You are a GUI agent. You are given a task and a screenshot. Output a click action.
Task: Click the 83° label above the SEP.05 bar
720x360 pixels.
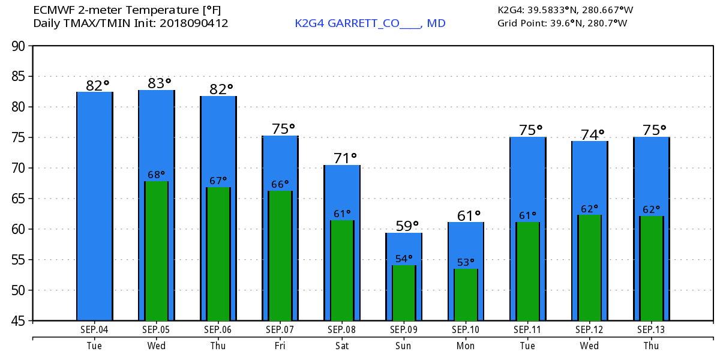tap(160, 83)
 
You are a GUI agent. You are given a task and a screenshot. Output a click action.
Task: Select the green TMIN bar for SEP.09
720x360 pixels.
tap(404, 293)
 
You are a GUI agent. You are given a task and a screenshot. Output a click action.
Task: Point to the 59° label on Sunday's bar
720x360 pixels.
tap(407, 226)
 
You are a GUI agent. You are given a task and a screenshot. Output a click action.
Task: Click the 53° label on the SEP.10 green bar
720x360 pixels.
tap(466, 262)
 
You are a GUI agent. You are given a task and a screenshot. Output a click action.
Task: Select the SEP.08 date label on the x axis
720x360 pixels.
tap(342, 329)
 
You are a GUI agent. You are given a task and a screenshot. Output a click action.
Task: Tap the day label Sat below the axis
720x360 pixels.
tap(342, 346)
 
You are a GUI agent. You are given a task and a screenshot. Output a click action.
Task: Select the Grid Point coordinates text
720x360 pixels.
tap(562, 23)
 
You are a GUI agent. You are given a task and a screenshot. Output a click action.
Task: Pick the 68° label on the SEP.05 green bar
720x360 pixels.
tap(157, 175)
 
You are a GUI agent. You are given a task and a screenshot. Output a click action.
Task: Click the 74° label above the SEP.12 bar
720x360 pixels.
tap(592, 134)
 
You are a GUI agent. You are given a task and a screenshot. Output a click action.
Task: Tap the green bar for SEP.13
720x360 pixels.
tap(651, 268)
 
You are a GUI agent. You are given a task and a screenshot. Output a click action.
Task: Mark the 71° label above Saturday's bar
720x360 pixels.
tap(345, 158)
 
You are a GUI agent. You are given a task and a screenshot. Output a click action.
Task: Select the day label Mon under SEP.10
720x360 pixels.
tap(466, 346)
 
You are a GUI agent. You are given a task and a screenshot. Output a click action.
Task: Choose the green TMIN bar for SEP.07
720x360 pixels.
tap(280, 256)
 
